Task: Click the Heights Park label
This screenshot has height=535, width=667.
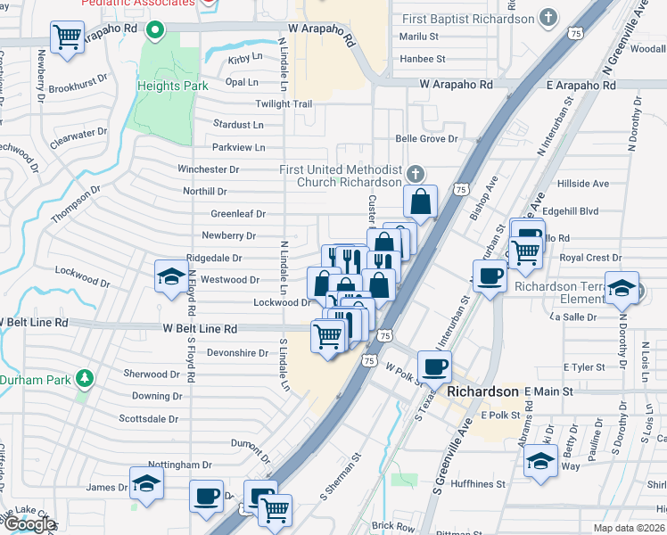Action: (x=173, y=86)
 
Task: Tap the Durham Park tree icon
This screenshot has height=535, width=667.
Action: (x=85, y=379)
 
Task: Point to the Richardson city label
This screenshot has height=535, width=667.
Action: (x=482, y=391)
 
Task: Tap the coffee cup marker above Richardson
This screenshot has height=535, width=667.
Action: (x=434, y=366)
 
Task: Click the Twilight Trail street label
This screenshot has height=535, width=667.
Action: (x=284, y=104)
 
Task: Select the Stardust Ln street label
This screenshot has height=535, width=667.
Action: (x=238, y=125)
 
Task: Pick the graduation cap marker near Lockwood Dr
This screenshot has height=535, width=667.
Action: (x=170, y=277)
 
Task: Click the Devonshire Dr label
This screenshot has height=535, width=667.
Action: (x=237, y=352)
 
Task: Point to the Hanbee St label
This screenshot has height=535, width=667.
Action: (x=423, y=59)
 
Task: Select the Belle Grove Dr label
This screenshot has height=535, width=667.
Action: (x=426, y=139)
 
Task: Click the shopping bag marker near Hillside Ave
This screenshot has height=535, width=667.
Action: (x=420, y=202)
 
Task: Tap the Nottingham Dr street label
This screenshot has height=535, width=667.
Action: (x=179, y=465)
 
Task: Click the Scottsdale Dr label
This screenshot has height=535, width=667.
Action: (x=149, y=418)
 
